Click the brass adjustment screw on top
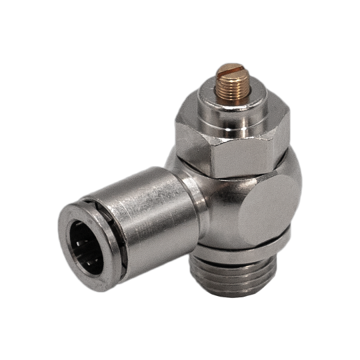pyautogui.click(x=230, y=83)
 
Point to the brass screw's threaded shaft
pyautogui.click(x=230, y=90)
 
